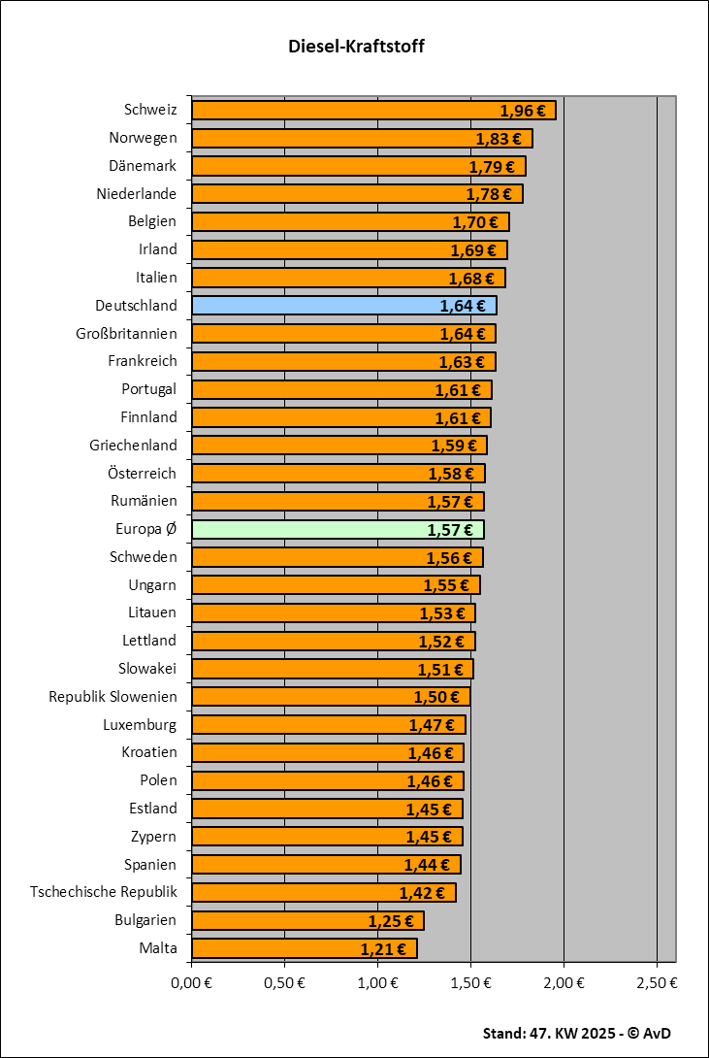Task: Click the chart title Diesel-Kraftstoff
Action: [x=356, y=46]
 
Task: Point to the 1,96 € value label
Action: [x=521, y=111]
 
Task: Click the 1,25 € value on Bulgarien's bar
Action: [x=390, y=921]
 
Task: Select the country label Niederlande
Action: [x=137, y=194]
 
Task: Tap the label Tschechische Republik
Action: [x=104, y=892]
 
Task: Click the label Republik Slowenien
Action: [x=113, y=697]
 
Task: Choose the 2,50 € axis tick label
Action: [x=658, y=982]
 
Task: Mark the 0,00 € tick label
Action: [x=192, y=982]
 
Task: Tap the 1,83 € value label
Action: [x=498, y=139]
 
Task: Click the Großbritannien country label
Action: [x=126, y=334]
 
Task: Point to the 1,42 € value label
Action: [x=422, y=893]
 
